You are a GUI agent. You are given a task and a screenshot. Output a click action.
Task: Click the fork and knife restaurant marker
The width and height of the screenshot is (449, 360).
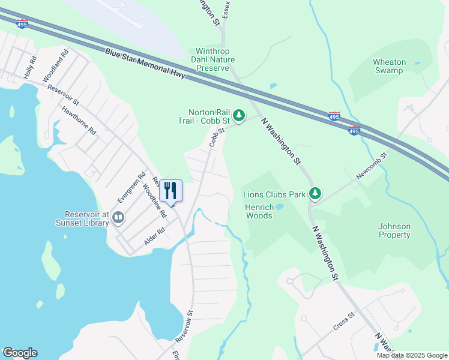[170, 190]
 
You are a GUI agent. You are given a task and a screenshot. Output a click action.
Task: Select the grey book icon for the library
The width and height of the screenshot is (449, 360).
[118, 217]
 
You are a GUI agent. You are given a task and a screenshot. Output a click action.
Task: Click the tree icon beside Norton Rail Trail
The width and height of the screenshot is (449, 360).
[239, 115]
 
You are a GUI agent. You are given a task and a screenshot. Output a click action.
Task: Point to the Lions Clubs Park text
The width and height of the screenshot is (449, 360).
[274, 194]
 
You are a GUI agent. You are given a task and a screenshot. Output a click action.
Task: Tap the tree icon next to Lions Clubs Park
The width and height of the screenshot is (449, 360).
[315, 193]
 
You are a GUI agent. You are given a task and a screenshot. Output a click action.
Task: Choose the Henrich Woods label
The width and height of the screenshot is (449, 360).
[259, 211]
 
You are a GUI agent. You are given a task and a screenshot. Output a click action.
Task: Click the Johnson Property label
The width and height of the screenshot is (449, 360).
[394, 230]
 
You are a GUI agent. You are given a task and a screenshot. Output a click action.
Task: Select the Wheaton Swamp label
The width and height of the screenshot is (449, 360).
[389, 66]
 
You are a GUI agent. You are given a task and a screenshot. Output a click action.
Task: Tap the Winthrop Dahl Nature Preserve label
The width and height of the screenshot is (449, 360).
[212, 59]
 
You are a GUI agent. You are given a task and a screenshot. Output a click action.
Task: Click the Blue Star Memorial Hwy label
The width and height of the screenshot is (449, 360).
[143, 64]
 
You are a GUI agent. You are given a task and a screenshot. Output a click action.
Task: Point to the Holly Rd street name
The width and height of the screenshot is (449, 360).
[29, 68]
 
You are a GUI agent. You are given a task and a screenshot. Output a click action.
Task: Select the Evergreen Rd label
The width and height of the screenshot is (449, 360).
[131, 187]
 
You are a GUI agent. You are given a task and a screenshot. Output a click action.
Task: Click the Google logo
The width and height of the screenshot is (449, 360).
[20, 353]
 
